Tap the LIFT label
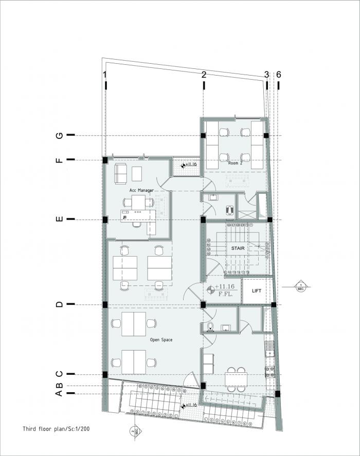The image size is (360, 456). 257,291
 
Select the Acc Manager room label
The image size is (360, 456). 135,190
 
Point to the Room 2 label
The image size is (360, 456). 236,162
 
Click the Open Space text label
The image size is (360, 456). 160,340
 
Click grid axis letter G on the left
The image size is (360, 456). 59,135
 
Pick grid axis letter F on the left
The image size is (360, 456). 59,160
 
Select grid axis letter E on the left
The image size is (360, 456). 59,220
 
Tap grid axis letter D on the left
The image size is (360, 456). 59,304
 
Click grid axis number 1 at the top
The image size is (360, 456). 105,75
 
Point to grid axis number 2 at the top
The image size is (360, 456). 204,75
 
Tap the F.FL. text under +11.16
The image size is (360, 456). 224,295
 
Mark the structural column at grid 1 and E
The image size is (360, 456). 105,220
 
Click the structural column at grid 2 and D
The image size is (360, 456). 204,305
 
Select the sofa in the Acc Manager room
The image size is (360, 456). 120,174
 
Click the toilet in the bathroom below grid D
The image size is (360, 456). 209,326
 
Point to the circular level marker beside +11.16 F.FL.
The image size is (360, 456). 210,290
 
